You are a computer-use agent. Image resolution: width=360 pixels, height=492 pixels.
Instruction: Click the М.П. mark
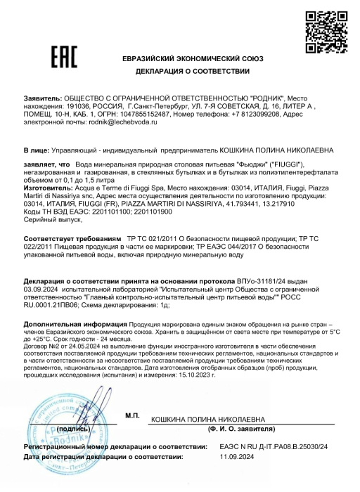pos(132,416)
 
